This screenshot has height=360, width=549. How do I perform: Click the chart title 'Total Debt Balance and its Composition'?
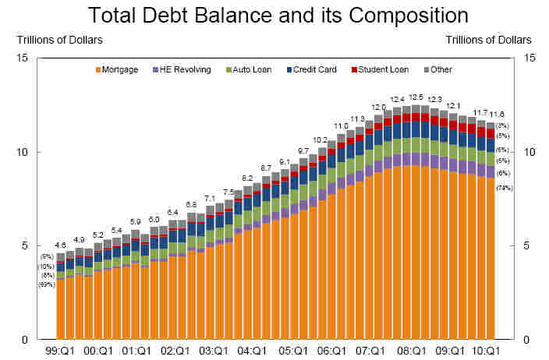278,15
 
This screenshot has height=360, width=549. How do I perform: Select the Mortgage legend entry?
118,70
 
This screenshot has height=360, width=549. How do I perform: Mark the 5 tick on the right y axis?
527,246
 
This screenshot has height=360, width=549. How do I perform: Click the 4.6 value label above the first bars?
60,245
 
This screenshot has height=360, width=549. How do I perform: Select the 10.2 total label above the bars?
321,140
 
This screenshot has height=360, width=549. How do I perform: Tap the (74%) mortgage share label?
504,188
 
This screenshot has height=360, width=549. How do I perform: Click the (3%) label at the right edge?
503,125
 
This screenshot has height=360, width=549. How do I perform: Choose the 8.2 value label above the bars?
247,178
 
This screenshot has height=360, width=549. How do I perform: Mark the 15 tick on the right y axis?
530,58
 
